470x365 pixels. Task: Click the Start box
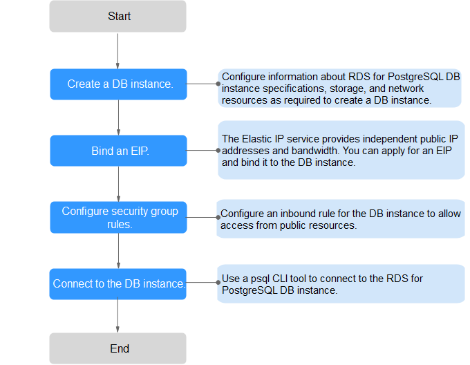tap(117, 16)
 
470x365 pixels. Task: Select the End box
tap(117, 348)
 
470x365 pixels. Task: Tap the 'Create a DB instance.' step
tap(118, 84)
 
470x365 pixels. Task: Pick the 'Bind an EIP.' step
tap(118, 151)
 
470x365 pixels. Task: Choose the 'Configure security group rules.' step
tap(118, 217)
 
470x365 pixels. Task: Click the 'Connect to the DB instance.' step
tap(117, 284)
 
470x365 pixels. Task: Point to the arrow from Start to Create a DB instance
tap(117, 50)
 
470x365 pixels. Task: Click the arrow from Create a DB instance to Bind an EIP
tap(118, 118)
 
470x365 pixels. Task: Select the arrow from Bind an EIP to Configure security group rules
tap(118, 184)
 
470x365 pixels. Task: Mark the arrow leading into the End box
tap(117, 315)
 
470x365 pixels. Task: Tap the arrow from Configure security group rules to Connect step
tap(118, 251)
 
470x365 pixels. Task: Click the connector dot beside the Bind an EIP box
tap(218, 151)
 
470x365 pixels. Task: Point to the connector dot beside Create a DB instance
tap(218, 84)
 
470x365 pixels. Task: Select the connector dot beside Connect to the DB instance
tap(218, 282)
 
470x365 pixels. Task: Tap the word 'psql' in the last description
tap(260, 279)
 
